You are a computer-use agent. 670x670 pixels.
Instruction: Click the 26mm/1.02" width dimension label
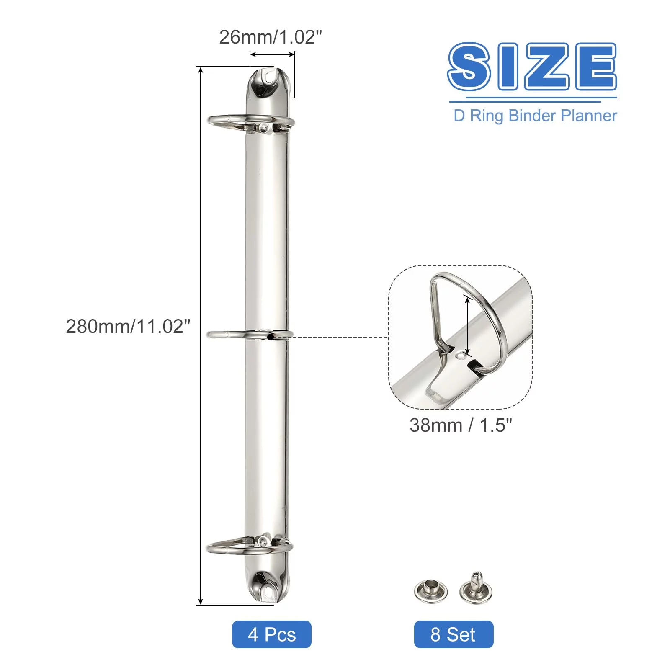pos(271,37)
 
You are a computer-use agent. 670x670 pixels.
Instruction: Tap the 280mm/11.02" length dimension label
pos(128,327)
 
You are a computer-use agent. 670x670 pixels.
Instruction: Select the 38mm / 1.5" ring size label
pos(461,425)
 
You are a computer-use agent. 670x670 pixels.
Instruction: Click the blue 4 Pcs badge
pos(272,634)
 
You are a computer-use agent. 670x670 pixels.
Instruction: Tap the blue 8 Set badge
pos(454,634)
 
